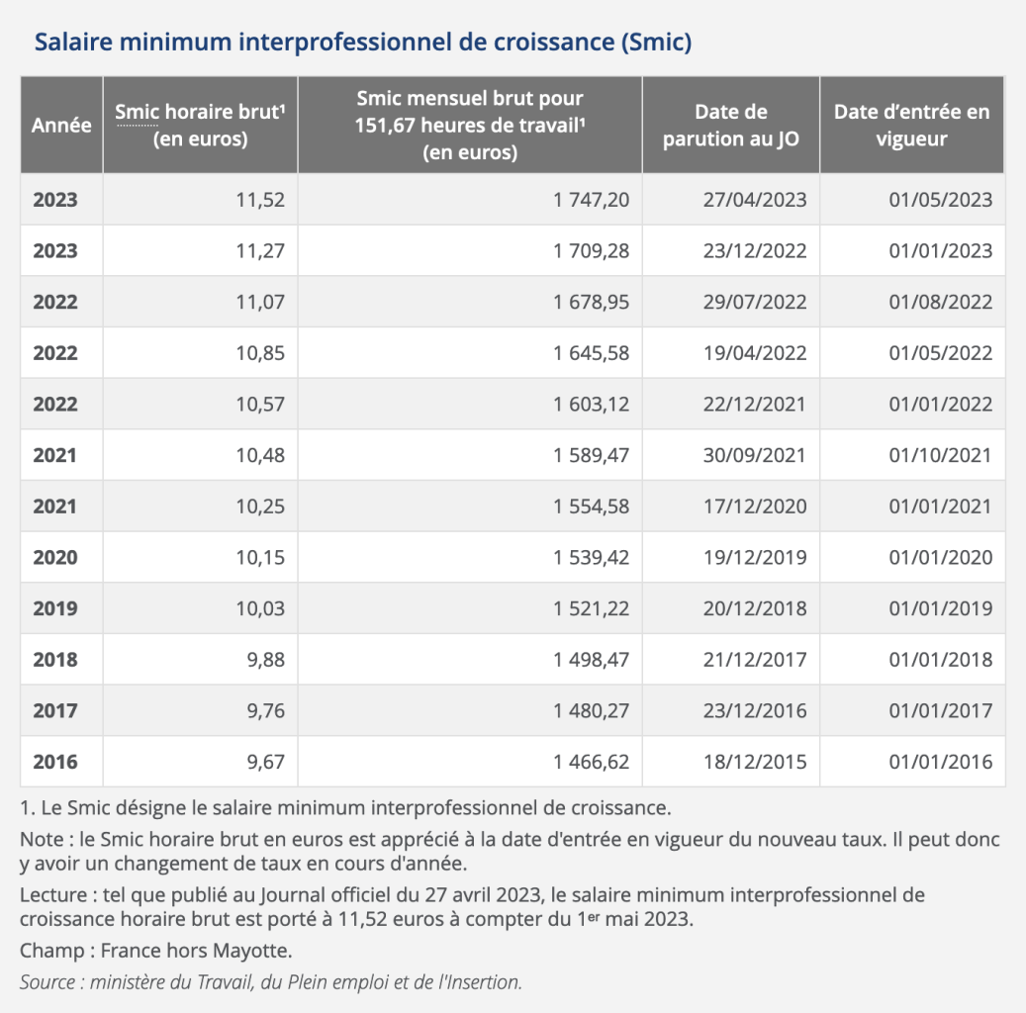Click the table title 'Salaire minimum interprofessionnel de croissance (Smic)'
(x=362, y=44)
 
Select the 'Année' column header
(x=61, y=126)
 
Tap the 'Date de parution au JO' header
(x=731, y=126)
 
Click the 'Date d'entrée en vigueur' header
(x=911, y=126)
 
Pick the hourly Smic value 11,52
(x=260, y=200)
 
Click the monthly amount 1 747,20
(x=591, y=200)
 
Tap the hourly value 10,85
(x=260, y=353)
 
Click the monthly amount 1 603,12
(x=591, y=405)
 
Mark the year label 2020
(x=55, y=558)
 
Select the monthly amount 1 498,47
(x=591, y=660)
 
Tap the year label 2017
(x=55, y=711)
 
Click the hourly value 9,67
(x=265, y=763)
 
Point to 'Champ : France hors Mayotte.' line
(x=156, y=952)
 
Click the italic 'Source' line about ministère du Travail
(x=270, y=982)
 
